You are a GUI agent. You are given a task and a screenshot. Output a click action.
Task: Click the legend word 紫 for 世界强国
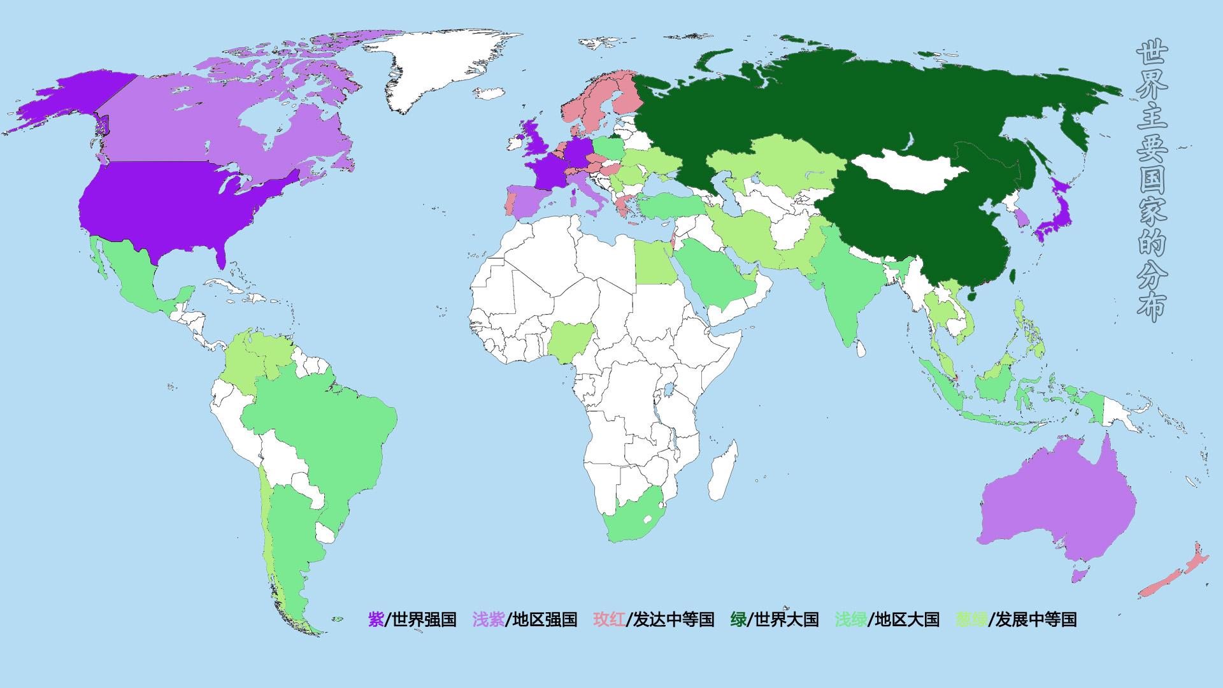(376, 619)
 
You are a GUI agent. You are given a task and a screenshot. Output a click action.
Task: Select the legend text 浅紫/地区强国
(524, 619)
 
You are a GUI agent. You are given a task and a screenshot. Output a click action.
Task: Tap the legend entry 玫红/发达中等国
(654, 619)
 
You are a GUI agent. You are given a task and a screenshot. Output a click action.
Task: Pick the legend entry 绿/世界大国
(774, 619)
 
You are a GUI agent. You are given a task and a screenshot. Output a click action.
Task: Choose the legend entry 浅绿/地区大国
(887, 619)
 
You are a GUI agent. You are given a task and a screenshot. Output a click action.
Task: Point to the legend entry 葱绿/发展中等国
(1015, 619)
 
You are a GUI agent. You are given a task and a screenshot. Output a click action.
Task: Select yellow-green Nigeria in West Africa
(570, 340)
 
